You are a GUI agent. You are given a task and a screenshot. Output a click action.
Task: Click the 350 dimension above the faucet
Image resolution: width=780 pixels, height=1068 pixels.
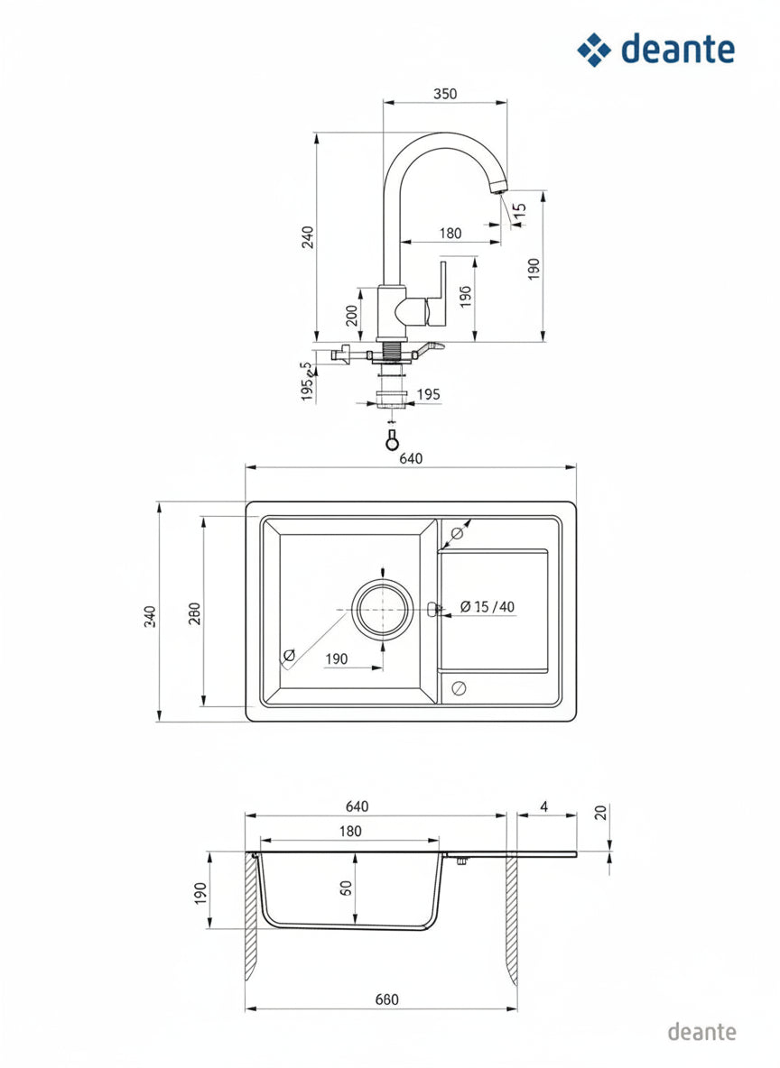tap(444, 93)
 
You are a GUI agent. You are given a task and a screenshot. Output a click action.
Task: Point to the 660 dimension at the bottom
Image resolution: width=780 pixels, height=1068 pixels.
tap(386, 999)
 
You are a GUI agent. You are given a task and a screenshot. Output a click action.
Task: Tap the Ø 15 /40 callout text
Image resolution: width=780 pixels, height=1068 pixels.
tap(487, 606)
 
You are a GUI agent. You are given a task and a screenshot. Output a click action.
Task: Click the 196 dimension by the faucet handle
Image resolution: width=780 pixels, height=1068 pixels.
tap(465, 296)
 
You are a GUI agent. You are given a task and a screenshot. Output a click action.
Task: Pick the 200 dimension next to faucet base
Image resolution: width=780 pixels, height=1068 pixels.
tap(351, 316)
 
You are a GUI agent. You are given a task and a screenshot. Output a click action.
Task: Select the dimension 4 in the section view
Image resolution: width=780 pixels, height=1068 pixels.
tap(544, 806)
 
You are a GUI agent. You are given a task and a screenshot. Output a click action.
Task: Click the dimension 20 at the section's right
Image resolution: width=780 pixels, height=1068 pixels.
tap(600, 812)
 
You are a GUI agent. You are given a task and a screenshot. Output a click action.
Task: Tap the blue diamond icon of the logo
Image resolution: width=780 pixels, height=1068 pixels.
tap(594, 50)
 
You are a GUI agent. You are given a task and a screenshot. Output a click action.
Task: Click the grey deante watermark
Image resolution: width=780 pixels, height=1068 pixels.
tap(701, 1031)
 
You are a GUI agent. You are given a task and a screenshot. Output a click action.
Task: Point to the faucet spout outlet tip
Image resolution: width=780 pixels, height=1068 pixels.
tap(498, 188)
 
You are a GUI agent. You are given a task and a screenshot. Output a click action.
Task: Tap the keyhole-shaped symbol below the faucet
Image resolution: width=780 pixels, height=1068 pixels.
tap(392, 440)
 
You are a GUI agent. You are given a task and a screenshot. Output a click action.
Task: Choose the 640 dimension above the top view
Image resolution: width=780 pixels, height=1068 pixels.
tap(411, 458)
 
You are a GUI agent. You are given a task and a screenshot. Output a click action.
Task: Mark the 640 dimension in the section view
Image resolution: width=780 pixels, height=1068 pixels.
tap(357, 806)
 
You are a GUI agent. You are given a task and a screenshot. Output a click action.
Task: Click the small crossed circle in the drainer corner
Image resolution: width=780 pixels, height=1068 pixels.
tap(459, 688)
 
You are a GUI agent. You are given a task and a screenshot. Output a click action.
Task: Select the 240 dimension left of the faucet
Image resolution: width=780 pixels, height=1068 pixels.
tap(308, 236)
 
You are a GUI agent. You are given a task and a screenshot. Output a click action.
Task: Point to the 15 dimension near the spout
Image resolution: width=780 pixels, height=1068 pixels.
tap(519, 210)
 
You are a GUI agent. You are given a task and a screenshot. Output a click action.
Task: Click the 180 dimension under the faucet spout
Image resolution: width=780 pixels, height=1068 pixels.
tap(450, 233)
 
